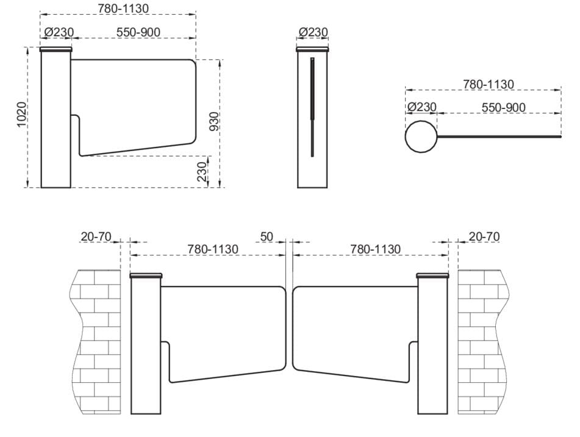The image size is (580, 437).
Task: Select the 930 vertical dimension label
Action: (214, 122)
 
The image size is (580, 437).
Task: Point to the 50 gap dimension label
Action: (267, 236)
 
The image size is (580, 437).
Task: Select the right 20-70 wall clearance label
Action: (484, 236)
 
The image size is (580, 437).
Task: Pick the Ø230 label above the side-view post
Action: (313, 32)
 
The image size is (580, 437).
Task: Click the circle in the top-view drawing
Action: (421, 137)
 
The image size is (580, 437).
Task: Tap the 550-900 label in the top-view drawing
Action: (504, 107)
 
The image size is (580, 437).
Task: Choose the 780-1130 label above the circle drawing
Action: (489, 84)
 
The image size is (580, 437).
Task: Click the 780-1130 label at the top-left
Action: (123, 8)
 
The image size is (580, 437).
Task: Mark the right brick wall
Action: (482, 341)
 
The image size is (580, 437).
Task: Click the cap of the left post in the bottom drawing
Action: (146, 275)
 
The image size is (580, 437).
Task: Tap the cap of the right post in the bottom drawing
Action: (432, 275)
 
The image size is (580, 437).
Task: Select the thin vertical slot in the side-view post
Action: (312, 107)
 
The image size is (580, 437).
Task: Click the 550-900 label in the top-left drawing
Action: (138, 32)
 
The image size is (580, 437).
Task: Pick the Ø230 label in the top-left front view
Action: (59, 32)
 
